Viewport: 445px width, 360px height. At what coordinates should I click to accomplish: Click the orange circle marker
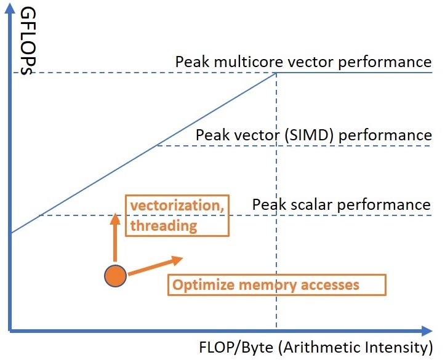115,276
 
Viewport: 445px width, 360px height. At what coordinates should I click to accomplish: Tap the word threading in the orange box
162,226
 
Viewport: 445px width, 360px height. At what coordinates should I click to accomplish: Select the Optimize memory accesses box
277,285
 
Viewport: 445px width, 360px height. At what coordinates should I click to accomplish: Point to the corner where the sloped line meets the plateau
276,73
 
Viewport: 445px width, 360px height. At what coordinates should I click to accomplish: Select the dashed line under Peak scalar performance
185,215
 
